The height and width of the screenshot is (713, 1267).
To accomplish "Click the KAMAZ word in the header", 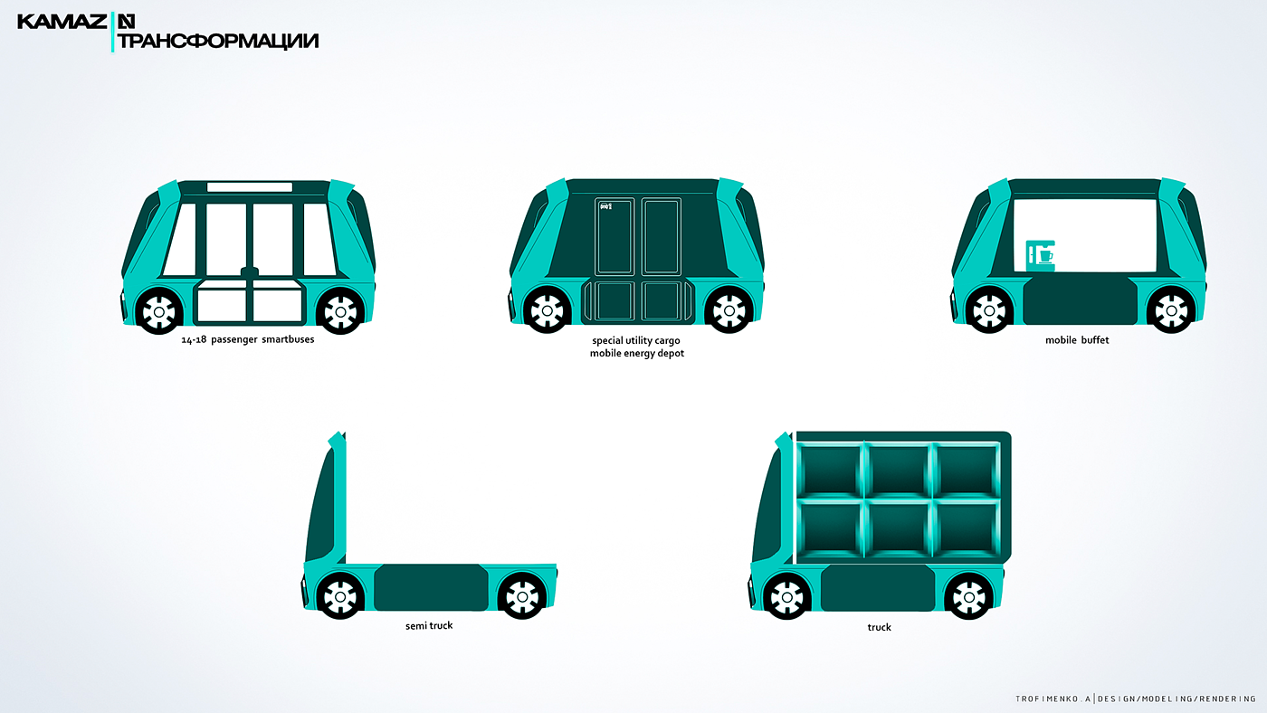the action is [62, 21].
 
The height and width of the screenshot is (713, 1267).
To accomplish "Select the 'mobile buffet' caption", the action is [1077, 340].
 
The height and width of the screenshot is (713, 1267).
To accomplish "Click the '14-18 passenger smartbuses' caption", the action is [248, 340].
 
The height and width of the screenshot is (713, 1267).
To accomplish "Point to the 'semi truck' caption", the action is [429, 625].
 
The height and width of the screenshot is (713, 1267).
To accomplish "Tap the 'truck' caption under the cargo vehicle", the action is [879, 627].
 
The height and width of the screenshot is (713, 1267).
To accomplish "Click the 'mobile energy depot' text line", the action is [637, 353].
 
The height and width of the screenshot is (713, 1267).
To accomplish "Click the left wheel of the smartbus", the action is [159, 311].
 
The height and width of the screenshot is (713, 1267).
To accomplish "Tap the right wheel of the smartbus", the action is [340, 311].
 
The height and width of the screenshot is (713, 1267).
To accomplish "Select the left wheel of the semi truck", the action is [340, 595].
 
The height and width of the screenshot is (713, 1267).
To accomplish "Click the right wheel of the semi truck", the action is [522, 595].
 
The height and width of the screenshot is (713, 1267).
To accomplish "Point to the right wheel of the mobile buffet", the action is [1170, 311].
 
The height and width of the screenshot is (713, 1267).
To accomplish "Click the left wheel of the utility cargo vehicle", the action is [547, 311].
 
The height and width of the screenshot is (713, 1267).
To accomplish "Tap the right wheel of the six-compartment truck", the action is [968, 595].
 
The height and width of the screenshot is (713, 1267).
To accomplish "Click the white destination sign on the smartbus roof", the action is [250, 187].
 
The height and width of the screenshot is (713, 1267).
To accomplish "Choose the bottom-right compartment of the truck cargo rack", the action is [968, 528].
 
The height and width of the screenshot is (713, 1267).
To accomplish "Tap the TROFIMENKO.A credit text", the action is [1054, 699].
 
